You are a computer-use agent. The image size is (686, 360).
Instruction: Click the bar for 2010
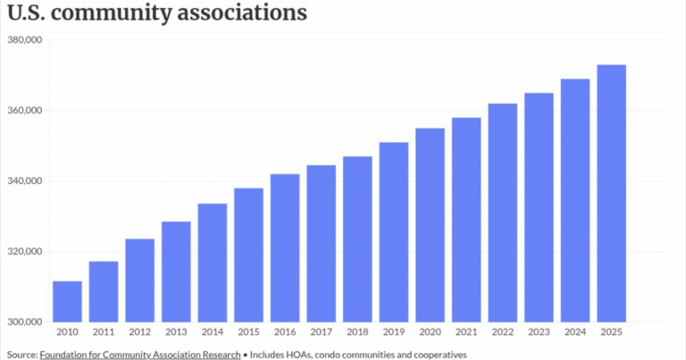[x=67, y=302]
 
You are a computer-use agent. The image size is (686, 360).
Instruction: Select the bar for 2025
[x=611, y=194]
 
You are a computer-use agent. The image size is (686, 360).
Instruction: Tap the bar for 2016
[x=285, y=248]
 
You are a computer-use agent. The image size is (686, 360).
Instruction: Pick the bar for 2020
[x=430, y=225]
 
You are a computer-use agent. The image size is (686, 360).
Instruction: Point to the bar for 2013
[x=176, y=272]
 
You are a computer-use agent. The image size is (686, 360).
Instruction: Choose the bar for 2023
[x=539, y=208]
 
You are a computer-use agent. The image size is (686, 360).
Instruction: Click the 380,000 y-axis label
[x=25, y=40]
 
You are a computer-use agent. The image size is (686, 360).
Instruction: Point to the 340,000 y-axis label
[x=25, y=180]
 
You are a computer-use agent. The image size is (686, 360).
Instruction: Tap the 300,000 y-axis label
[x=25, y=322]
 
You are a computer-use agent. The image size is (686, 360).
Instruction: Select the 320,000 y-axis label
[x=25, y=252]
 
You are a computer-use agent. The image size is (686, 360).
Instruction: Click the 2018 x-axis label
[x=357, y=332]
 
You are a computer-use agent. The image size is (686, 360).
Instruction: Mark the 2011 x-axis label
[x=104, y=332]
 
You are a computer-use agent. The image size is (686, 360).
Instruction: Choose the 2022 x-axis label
[x=503, y=332]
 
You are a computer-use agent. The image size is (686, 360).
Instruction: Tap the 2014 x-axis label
[x=213, y=332]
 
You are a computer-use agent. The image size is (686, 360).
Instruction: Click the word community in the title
[x=111, y=13]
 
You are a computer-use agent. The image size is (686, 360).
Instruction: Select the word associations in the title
[x=242, y=13]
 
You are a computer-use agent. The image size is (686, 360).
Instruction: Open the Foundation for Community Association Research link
[x=140, y=355]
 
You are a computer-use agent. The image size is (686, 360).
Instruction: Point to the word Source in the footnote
[x=22, y=355]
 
